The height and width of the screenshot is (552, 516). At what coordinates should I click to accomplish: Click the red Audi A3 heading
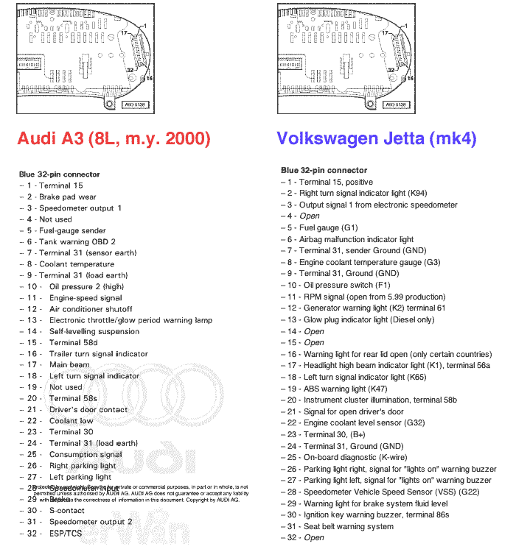(114, 138)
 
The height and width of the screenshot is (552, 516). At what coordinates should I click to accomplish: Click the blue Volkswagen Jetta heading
(377, 138)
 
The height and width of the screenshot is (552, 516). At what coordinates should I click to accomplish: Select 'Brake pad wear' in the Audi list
(67, 197)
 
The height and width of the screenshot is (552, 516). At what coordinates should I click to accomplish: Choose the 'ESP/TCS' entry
(66, 533)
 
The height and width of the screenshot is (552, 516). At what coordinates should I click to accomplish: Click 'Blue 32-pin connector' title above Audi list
(59, 174)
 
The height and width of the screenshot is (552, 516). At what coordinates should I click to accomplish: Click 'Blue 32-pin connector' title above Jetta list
(324, 170)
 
